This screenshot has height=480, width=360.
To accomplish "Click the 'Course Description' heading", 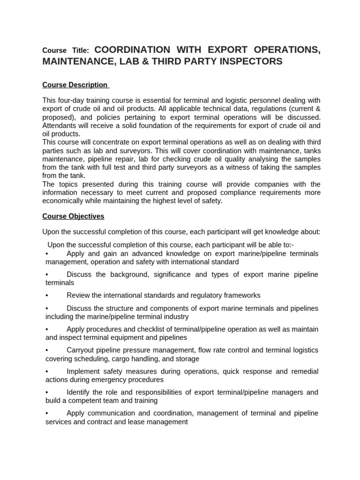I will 75,85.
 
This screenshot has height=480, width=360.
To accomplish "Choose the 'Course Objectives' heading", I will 73,216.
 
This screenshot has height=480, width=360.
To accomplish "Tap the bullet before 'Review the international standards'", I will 47,295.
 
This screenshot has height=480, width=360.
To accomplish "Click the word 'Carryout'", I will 81,350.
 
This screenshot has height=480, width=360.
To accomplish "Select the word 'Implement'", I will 83,371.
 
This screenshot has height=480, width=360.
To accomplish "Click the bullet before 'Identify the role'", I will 47,392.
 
